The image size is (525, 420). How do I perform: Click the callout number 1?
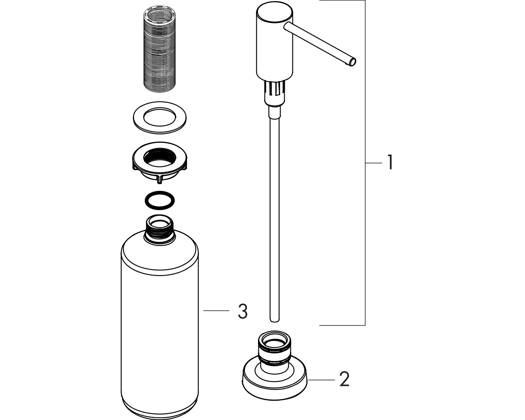(390, 162)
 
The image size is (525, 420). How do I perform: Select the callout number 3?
(243, 311)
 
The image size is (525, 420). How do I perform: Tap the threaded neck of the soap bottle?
(160, 229)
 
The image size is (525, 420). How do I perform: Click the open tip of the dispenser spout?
(352, 62)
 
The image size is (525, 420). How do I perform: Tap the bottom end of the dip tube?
(274, 320)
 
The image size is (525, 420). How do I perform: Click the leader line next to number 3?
(216, 310)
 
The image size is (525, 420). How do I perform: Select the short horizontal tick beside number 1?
(374, 163)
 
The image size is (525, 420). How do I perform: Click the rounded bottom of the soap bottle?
(160, 408)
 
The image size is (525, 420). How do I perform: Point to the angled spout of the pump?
(320, 44)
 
